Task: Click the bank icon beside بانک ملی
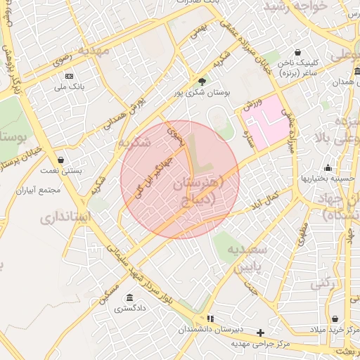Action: [x=69, y=75]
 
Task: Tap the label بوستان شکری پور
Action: [x=203, y=92]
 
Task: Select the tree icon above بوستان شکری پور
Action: [x=202, y=82]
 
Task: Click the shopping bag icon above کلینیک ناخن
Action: [x=298, y=52]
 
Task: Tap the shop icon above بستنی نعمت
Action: [x=60, y=160]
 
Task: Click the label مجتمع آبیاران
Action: [x=41, y=190]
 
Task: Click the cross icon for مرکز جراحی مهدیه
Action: [x=261, y=332]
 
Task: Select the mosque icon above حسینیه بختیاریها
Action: [x=327, y=167]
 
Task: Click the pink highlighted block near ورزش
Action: [x=268, y=127]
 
